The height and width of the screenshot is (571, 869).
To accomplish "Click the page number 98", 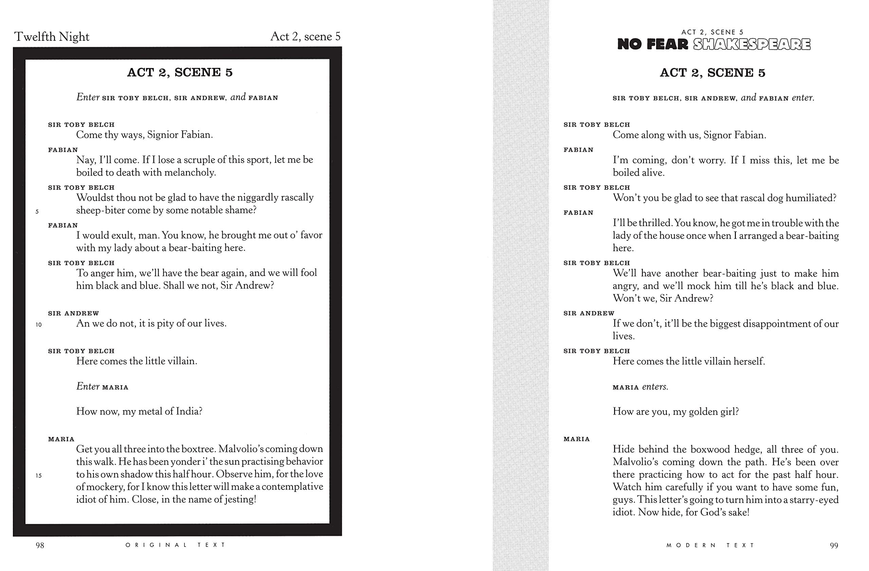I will tap(40, 546).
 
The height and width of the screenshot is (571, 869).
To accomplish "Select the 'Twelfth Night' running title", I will tap(52, 37).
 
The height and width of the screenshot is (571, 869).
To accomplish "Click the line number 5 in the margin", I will tap(37, 211).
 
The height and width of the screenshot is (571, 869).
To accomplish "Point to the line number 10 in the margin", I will tap(39, 325).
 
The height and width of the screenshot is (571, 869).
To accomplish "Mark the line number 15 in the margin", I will tap(39, 475).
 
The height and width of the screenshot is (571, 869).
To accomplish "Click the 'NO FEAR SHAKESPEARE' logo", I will tap(714, 44).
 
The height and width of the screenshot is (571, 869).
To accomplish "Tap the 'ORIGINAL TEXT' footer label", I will tap(175, 545).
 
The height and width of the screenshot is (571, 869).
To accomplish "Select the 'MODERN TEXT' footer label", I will tap(710, 546).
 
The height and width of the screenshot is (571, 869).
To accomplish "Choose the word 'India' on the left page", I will tap(189, 411).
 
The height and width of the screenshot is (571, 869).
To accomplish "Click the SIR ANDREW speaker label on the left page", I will tap(73, 313).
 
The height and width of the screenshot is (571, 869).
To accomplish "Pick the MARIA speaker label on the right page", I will tap(576, 439).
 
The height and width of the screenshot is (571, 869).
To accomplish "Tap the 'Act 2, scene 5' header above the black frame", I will tap(305, 37).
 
